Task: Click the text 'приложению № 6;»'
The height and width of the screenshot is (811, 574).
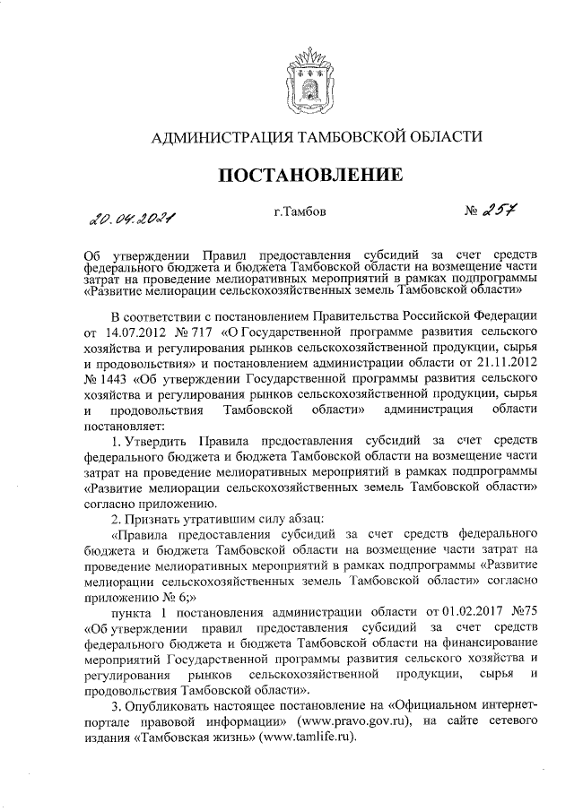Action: [139, 594]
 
